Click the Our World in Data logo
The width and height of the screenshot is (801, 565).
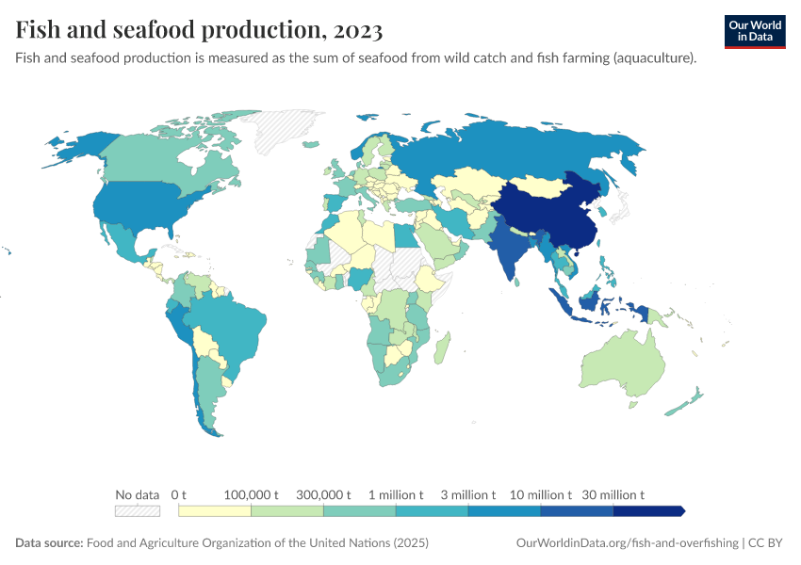(754, 31)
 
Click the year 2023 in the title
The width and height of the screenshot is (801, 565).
(355, 30)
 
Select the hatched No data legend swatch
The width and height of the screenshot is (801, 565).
(137, 510)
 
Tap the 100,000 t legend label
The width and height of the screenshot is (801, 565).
(252, 494)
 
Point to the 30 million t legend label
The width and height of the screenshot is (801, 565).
(613, 494)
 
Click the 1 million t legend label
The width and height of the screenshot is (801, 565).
(396, 494)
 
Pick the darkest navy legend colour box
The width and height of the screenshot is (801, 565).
(647, 510)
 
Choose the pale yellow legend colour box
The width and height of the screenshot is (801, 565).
(215, 510)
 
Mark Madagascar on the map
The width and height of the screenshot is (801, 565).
(440, 352)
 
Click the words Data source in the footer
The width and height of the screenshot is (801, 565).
(49, 543)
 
